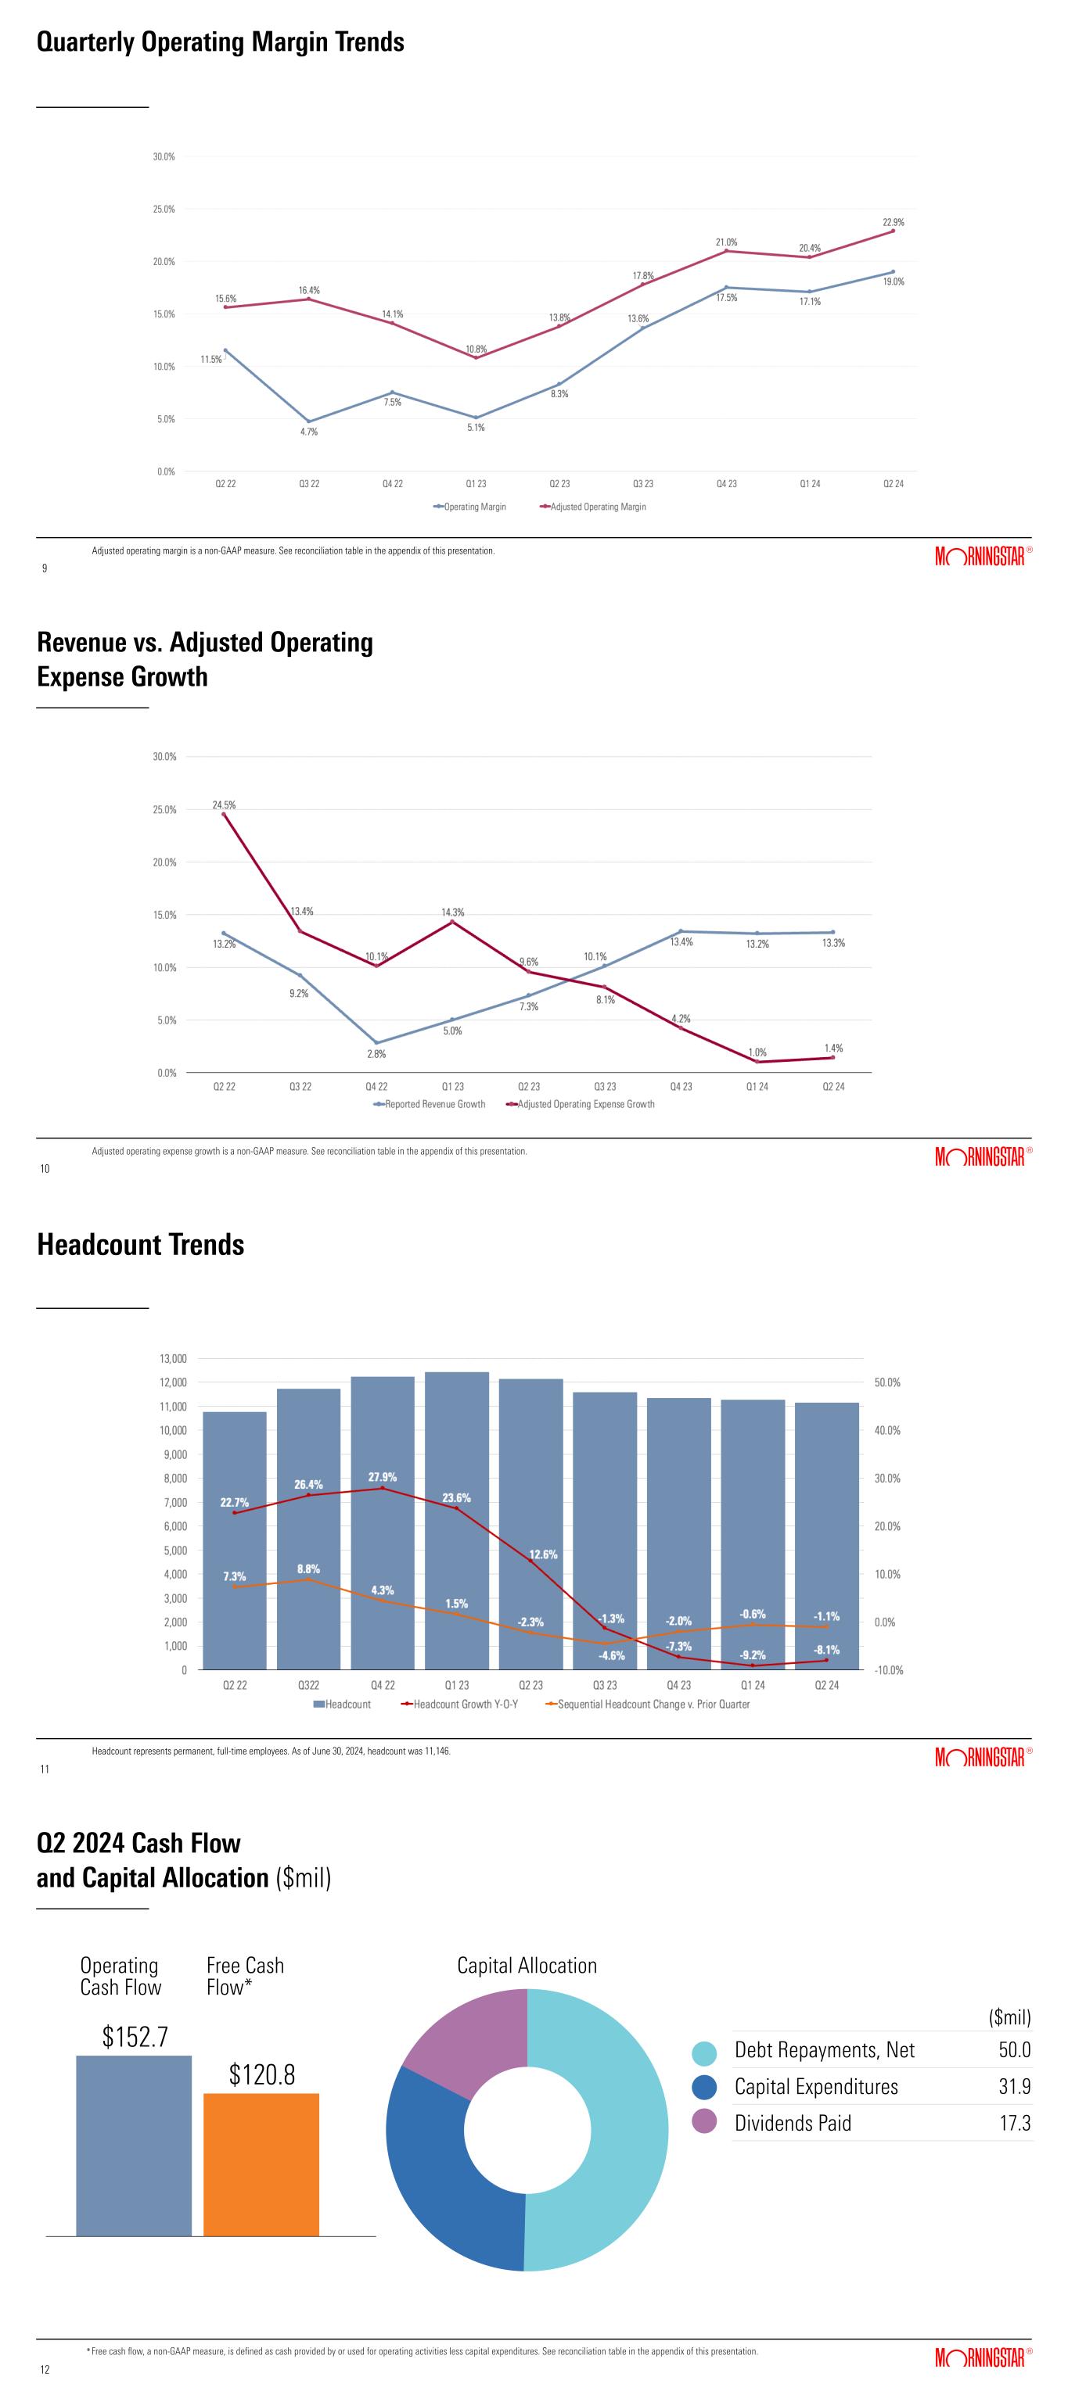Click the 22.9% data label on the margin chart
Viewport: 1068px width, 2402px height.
pos(893,223)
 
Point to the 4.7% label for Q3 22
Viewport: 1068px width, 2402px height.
pos(309,432)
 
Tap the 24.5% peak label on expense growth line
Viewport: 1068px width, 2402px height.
pos(224,805)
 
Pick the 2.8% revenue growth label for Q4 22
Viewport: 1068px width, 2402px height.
pos(376,1054)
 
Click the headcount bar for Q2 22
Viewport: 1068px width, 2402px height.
pos(234,1548)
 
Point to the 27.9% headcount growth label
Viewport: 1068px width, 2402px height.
pos(383,1477)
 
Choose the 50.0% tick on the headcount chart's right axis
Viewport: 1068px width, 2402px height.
pos(887,1383)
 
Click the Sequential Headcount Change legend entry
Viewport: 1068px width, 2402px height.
pos(653,1705)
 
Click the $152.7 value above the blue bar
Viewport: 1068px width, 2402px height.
pos(135,2038)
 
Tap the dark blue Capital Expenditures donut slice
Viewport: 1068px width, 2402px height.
pos(438,2173)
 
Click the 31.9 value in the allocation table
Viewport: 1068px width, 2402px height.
pos(1014,2087)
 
